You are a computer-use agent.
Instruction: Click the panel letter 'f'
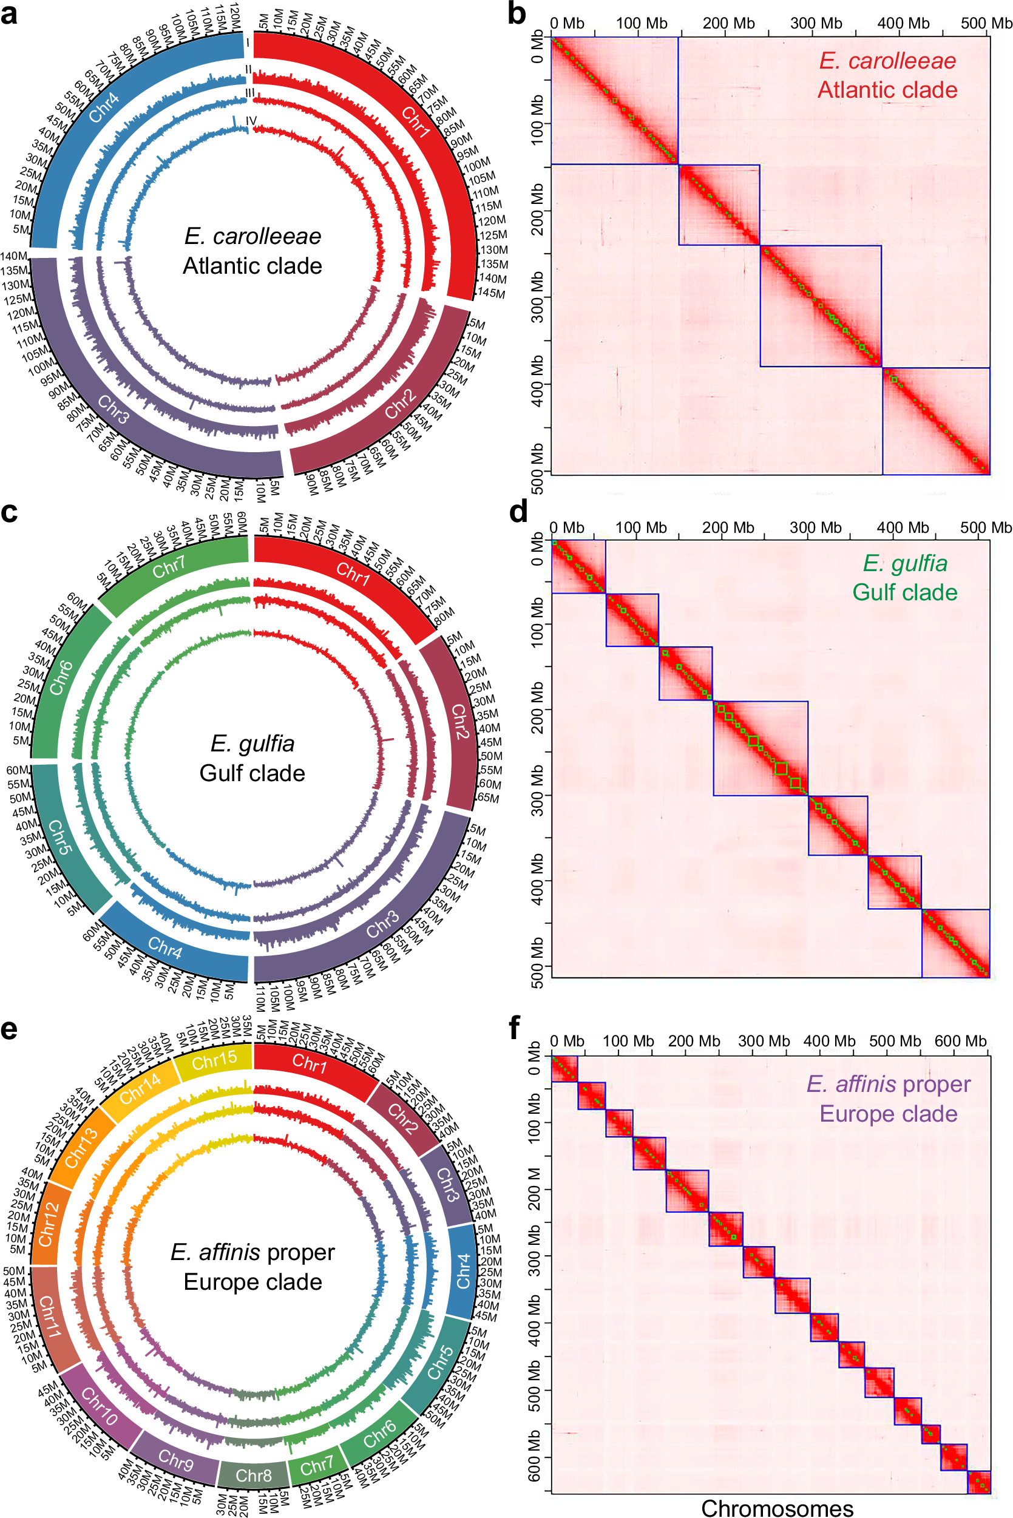coord(515,1027)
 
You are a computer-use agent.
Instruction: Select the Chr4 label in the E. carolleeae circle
coord(104,107)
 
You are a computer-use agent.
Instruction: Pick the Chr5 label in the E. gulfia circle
coord(58,838)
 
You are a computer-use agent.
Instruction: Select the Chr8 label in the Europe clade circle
coord(253,1475)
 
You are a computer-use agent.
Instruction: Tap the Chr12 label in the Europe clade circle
coord(49,1224)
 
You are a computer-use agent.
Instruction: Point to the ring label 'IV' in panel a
coord(251,121)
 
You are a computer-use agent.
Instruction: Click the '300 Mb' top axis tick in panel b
coord(815,23)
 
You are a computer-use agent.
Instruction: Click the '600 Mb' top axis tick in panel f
coord(960,1041)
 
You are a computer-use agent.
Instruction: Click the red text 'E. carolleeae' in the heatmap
coord(887,61)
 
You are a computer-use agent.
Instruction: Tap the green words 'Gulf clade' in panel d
coord(904,592)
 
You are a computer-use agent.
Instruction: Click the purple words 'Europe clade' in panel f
coord(889,1114)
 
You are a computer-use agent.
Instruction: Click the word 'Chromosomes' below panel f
coord(777,1508)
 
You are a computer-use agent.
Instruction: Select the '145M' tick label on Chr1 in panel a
coord(490,293)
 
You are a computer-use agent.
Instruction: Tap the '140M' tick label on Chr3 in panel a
coord(13,257)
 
